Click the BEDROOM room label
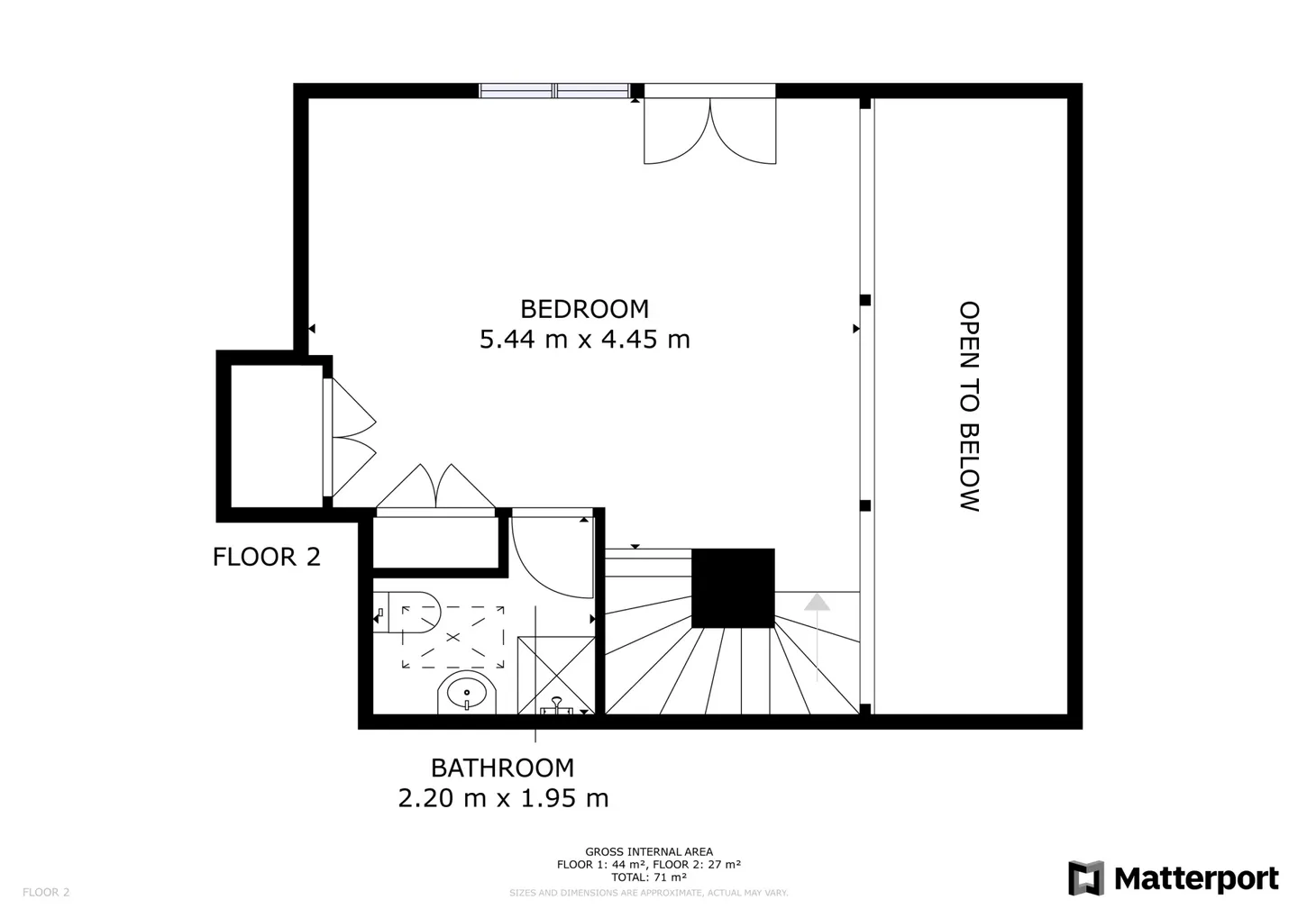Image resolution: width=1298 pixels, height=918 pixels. click(584, 309)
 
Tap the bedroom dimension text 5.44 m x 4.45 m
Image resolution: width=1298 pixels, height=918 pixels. click(584, 340)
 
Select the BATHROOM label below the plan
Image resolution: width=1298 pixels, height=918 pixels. click(502, 768)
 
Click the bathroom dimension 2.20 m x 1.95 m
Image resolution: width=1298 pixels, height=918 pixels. click(503, 798)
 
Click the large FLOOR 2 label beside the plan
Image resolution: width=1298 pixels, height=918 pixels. click(266, 557)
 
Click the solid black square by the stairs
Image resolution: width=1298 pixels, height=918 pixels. click(733, 588)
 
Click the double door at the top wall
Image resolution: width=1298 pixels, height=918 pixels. click(709, 130)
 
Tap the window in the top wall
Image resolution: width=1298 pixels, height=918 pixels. click(553, 90)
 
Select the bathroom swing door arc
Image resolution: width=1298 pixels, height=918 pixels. click(550, 559)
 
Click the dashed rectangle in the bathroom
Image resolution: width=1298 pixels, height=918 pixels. click(452, 637)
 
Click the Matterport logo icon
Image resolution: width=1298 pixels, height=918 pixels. click(1085, 878)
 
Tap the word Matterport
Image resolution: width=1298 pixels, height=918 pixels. click(1196, 878)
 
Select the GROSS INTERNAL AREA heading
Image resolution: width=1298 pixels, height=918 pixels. click(649, 851)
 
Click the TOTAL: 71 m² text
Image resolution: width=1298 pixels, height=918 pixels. click(649, 877)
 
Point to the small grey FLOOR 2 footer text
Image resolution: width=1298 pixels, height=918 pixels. click(46, 893)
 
